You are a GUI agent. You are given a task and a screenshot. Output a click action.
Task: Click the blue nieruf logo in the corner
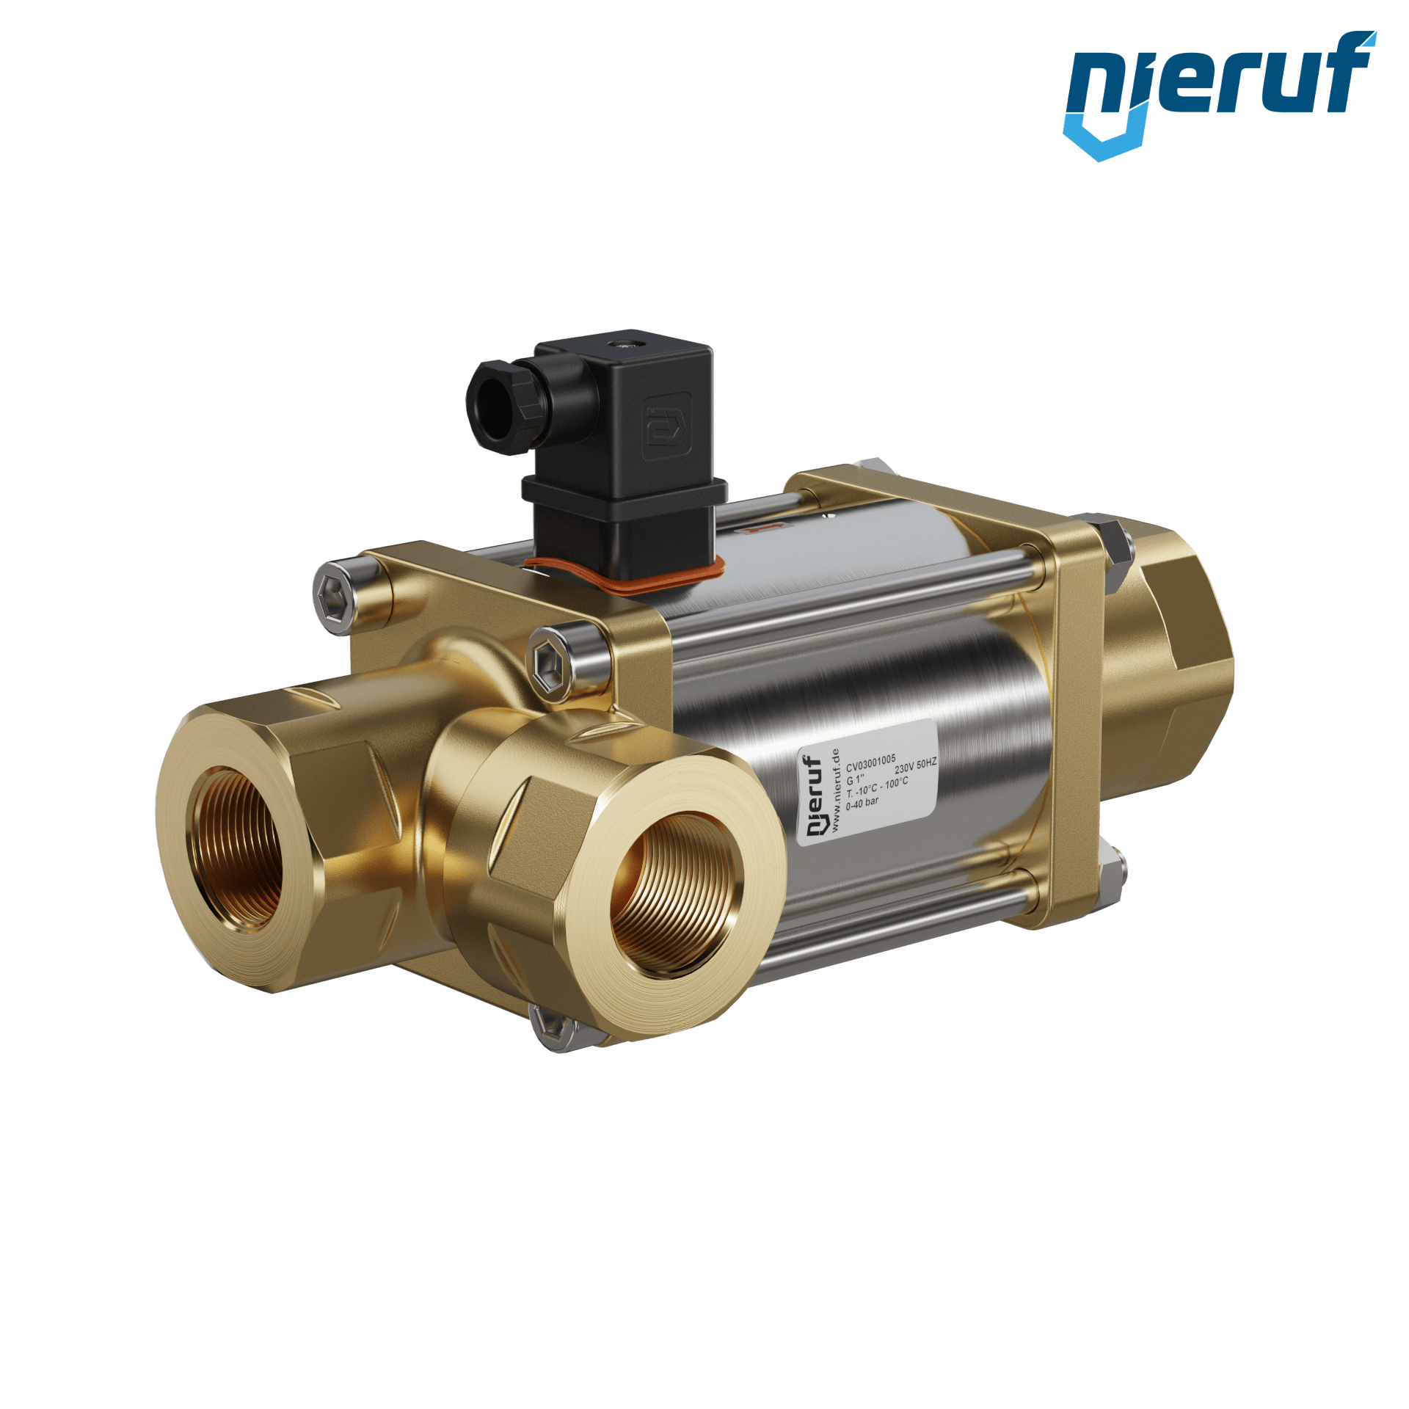(1218, 92)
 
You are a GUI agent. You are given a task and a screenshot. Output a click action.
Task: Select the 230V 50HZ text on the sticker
(915, 766)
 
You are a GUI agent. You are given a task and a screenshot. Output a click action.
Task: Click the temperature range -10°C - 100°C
(877, 787)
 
